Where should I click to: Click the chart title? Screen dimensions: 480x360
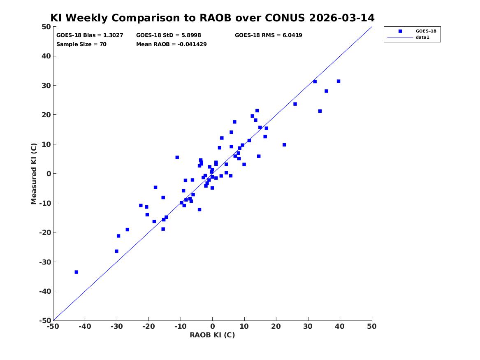click(x=212, y=18)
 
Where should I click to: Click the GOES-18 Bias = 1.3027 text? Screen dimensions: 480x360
click(x=90, y=35)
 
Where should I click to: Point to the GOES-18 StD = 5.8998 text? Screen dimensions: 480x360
click(x=169, y=35)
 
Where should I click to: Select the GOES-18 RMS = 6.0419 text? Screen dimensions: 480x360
click(x=269, y=35)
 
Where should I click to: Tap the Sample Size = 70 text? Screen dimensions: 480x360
click(x=81, y=44)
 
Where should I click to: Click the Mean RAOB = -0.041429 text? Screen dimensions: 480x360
click(x=172, y=44)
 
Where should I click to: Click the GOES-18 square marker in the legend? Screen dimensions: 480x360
click(x=400, y=31)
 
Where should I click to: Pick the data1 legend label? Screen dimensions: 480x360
click(x=422, y=37)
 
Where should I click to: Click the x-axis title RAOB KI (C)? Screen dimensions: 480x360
click(x=212, y=335)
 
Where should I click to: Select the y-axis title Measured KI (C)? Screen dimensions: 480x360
click(x=34, y=174)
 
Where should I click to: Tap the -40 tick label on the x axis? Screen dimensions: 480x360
click(x=85, y=326)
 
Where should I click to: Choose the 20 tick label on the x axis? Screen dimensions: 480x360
click(x=276, y=326)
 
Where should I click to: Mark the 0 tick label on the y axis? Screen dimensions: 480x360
click(x=49, y=174)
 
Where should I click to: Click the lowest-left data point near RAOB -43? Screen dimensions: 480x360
click(x=76, y=272)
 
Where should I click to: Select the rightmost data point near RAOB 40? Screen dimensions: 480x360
click(x=338, y=81)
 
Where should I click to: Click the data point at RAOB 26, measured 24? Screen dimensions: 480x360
click(x=295, y=104)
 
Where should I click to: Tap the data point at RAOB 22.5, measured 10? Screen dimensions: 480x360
click(x=284, y=145)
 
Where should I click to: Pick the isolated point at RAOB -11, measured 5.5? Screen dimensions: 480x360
click(x=177, y=157)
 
